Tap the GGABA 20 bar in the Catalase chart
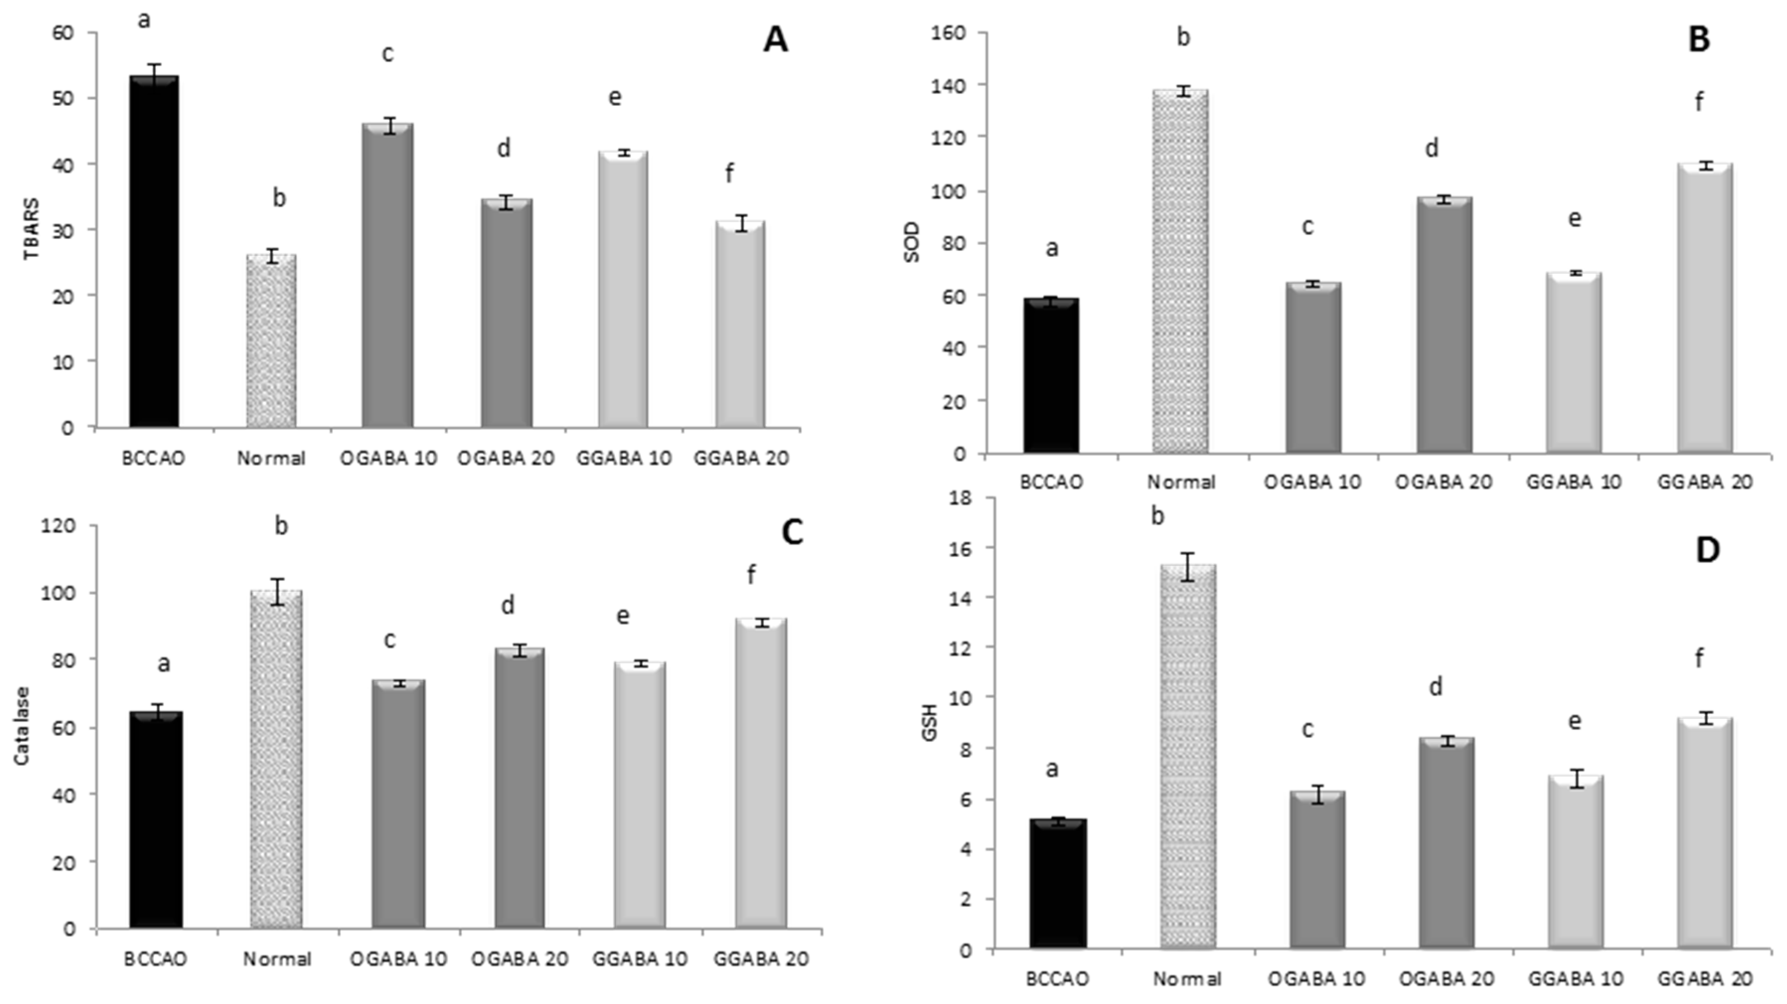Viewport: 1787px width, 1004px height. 761,773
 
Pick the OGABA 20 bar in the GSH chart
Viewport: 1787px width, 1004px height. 1446,843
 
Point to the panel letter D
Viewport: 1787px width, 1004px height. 1707,550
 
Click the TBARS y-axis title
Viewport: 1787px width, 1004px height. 32,229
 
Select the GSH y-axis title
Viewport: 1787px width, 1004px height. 931,722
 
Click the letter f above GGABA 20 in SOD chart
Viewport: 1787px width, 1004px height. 1699,102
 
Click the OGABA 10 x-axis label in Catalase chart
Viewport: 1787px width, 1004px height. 398,959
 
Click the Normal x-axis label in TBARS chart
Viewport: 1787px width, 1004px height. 271,459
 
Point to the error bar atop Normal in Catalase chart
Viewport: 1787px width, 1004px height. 278,592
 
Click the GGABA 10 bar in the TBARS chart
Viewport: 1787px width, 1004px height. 623,289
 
